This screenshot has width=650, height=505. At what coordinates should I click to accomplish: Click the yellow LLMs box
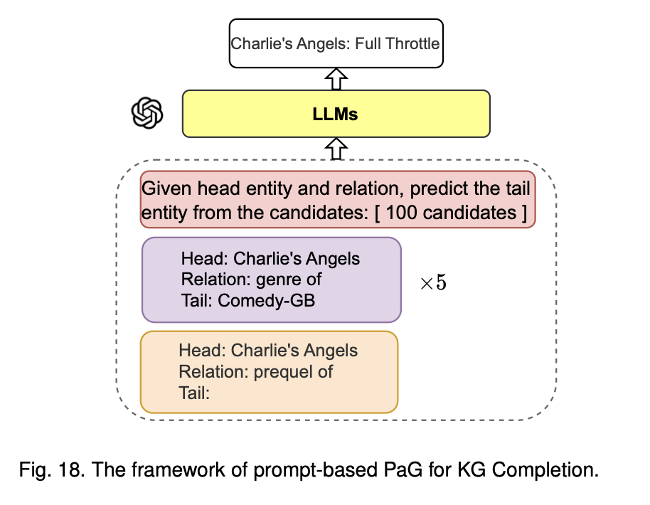(x=336, y=113)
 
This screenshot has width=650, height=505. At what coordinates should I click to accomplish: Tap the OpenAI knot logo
(x=147, y=113)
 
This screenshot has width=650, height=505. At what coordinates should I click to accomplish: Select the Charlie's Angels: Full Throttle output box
(x=335, y=43)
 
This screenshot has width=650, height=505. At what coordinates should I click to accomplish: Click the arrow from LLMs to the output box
(x=336, y=78)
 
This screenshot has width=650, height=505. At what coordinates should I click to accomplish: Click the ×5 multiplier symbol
(x=433, y=282)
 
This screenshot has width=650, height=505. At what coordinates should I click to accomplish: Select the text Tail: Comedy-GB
(x=247, y=300)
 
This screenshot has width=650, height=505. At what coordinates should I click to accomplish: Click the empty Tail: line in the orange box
(x=194, y=392)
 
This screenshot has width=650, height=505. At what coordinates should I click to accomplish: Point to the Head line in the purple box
(x=270, y=258)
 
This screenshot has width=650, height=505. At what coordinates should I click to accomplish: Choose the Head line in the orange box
(x=268, y=351)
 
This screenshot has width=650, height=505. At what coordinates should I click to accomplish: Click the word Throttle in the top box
(x=412, y=43)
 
